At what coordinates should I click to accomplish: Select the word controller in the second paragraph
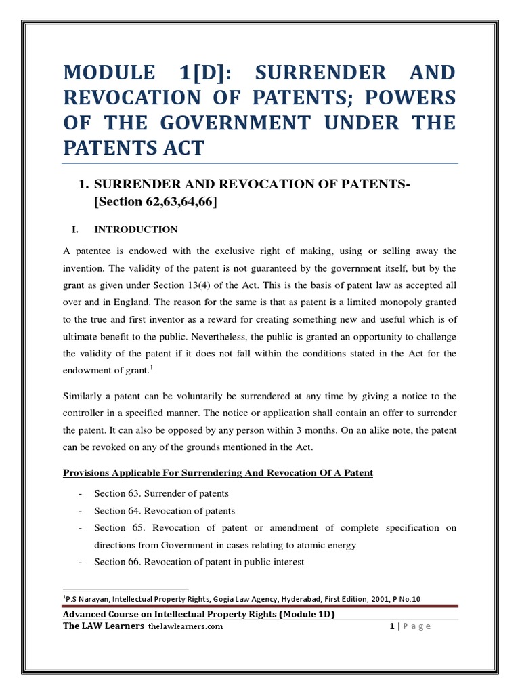point(85,413)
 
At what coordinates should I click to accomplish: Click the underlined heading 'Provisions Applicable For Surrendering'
point(217,472)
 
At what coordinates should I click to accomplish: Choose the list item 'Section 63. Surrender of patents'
point(161,493)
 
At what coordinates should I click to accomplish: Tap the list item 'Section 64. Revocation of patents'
point(165,510)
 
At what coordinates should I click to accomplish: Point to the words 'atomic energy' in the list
point(330,544)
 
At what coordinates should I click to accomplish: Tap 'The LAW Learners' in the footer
point(103,626)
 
